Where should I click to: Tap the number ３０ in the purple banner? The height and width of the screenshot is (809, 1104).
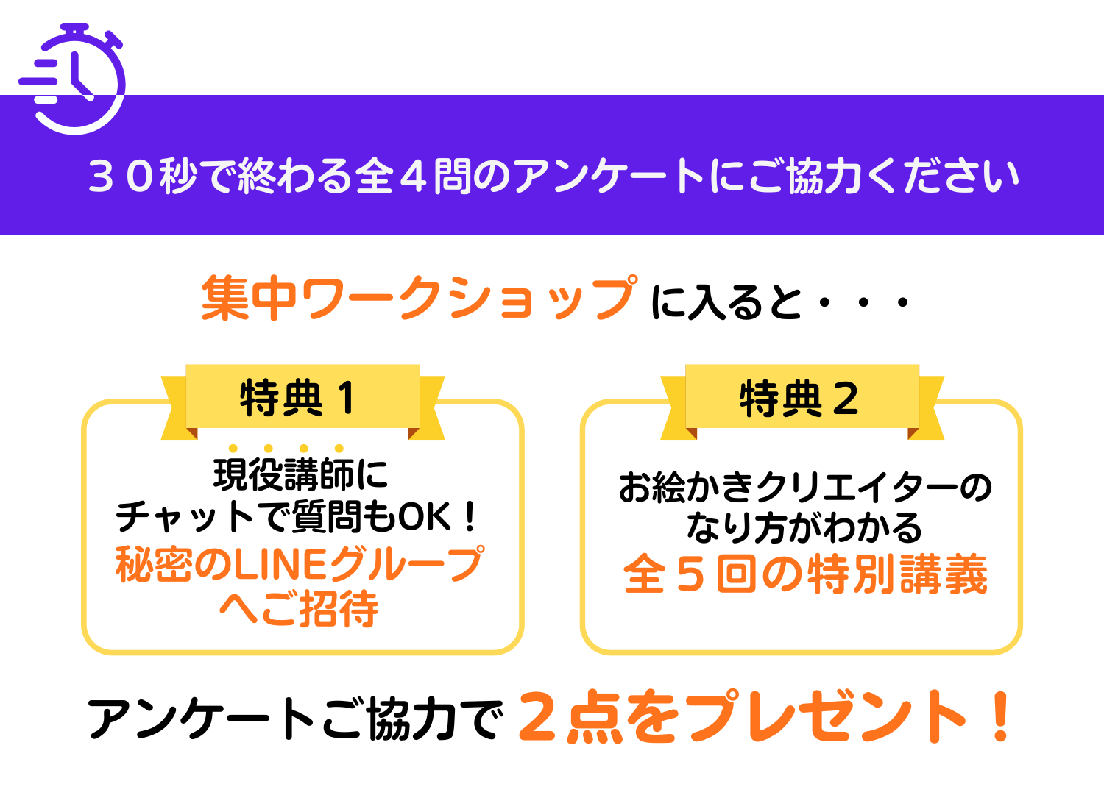coord(120,177)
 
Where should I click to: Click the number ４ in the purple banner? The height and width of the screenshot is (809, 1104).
coord(414,177)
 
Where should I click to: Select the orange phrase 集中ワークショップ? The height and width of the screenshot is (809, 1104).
coord(420,299)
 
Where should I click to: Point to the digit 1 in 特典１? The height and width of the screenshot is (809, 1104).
coord(347,398)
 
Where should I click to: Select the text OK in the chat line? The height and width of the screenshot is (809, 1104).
coord(425,517)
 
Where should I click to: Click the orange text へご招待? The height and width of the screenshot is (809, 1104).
coord(299,609)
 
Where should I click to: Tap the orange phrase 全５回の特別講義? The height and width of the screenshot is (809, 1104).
coord(805,574)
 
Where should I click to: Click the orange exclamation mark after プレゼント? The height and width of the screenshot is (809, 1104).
coord(1000,717)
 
